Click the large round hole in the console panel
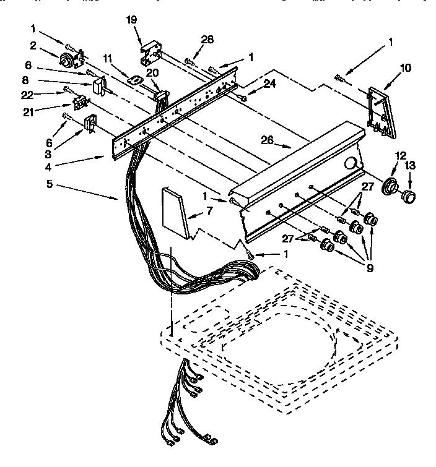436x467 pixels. coord(351,164)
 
